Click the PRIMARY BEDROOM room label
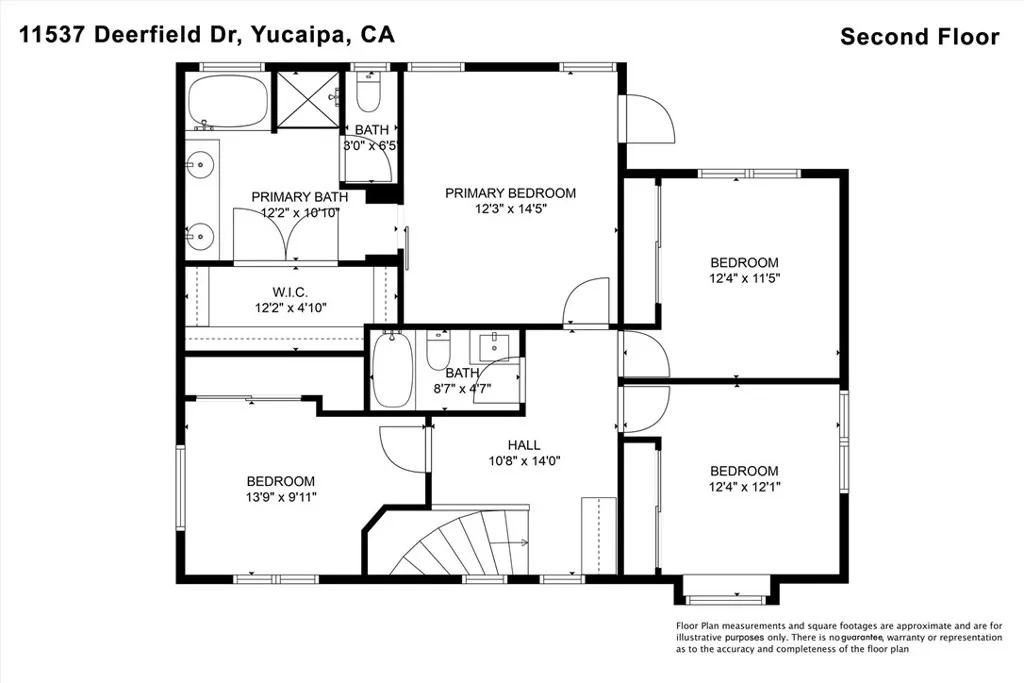pos(510,193)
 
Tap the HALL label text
pos(524,445)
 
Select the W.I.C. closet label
pos(290,292)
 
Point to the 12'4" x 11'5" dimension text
pos(744,278)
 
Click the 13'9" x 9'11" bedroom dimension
pos(281,497)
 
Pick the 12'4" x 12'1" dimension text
pos(744,486)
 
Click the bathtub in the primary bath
pos(227,102)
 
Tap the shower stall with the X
pos(306,99)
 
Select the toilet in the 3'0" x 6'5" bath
pos(369,93)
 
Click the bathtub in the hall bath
pos(392,370)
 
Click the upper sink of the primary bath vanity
pos(202,164)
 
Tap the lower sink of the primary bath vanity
pos(200,234)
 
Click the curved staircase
pos(464,541)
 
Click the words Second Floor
pos(920,37)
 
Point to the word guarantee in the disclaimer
pos(862,637)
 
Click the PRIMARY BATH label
pos(300,197)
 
